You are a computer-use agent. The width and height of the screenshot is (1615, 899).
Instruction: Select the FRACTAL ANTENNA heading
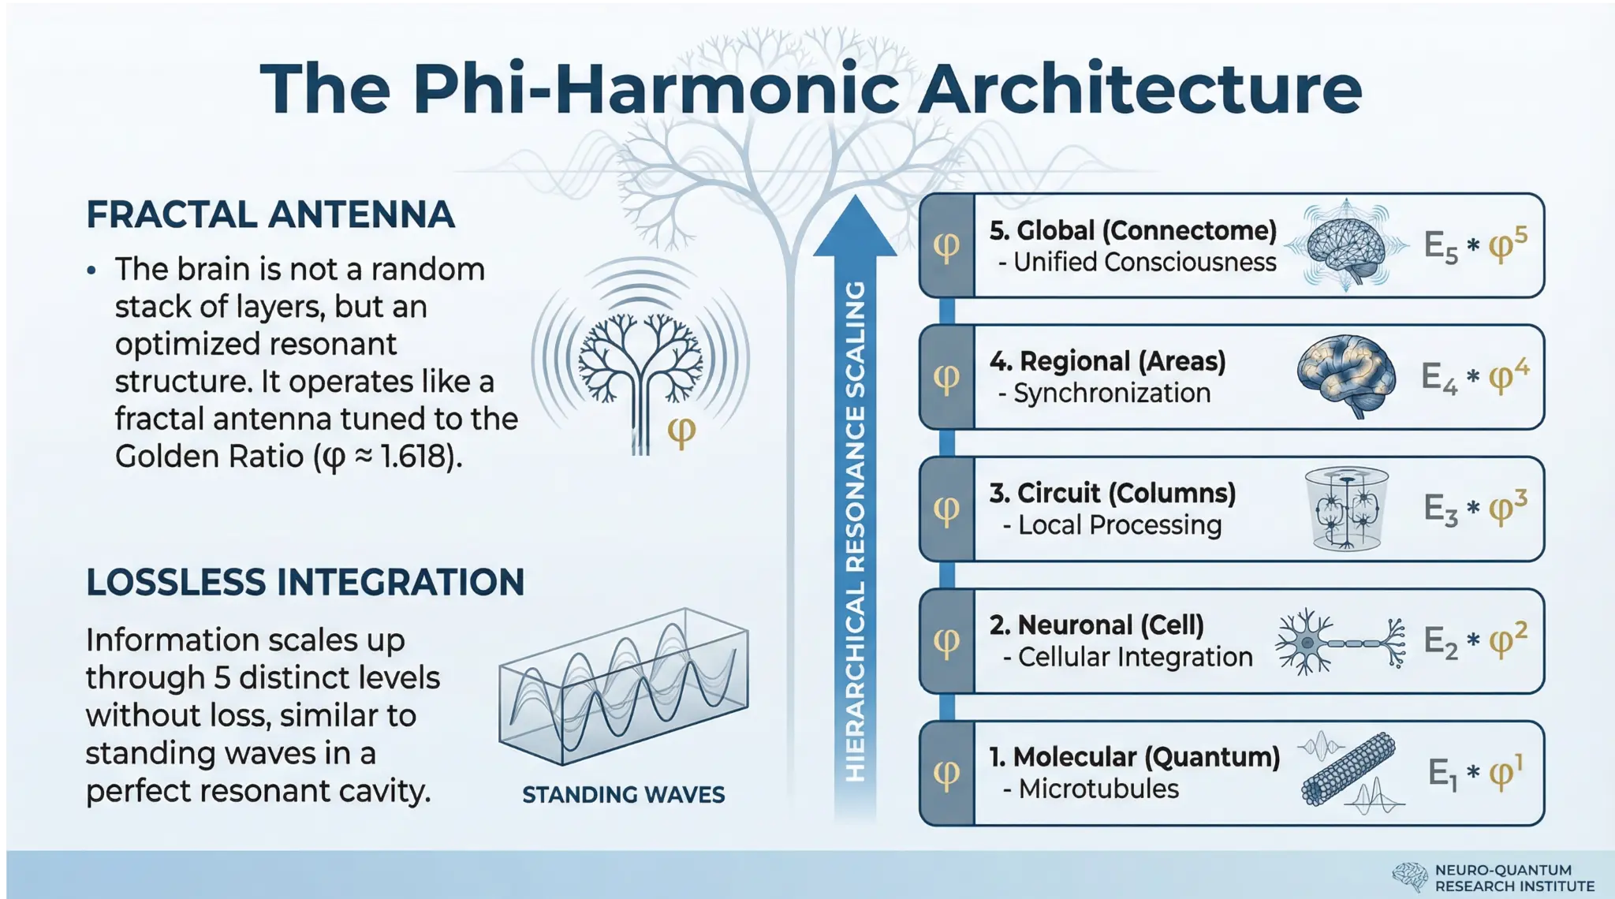270,214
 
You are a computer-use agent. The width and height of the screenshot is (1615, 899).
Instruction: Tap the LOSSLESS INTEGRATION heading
305,583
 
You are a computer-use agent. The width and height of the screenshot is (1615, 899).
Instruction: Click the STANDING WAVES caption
623,794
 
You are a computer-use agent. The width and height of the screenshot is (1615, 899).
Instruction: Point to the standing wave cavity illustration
623,686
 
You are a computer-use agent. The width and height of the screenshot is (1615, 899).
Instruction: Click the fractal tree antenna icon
640,363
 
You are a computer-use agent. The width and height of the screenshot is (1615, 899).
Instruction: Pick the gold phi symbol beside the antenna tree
681,431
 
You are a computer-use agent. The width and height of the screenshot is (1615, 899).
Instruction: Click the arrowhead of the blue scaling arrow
855,229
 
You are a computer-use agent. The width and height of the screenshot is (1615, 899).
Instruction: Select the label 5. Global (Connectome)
1133,230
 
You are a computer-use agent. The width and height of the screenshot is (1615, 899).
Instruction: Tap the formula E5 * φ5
1475,246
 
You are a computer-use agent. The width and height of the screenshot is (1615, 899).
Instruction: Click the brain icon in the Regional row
1346,375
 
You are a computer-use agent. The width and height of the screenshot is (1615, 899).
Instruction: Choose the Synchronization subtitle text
1112,393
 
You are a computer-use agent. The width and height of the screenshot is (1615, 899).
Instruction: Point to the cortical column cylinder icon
1347,509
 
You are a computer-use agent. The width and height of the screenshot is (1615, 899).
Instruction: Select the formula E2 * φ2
1475,641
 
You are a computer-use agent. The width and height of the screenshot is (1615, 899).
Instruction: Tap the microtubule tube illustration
1348,769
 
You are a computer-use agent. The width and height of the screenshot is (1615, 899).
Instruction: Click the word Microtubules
1098,789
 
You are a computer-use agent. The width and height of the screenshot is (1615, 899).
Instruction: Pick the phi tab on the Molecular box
947,774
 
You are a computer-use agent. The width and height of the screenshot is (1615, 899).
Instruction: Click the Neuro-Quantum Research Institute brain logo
1409,877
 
